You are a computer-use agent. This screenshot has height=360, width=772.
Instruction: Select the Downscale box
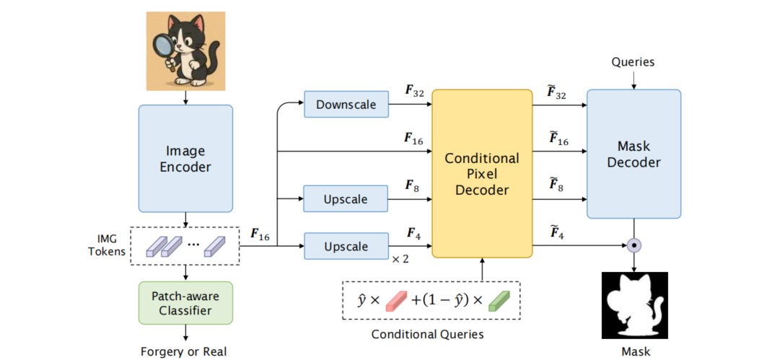(346, 105)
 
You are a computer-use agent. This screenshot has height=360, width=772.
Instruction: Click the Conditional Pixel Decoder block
(481, 175)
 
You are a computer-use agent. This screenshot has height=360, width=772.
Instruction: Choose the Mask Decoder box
(633, 154)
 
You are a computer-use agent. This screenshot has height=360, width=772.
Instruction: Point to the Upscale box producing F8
(346, 198)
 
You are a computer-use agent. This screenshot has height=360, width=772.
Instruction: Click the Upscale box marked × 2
(346, 247)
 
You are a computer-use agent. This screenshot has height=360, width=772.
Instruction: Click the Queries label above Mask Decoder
(633, 62)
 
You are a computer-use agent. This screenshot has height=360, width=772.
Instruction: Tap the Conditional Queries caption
(427, 334)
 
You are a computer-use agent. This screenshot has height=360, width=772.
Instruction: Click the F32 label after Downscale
(414, 92)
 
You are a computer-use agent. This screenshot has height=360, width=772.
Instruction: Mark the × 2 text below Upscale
(400, 258)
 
